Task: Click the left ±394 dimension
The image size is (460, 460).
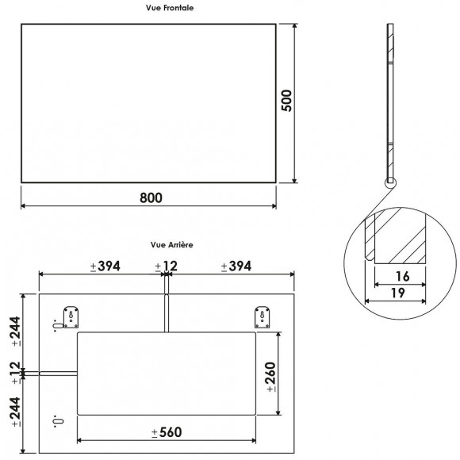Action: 105,266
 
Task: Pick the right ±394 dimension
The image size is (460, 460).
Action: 236,266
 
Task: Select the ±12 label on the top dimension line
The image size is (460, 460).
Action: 167,266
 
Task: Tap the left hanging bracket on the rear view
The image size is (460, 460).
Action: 71,317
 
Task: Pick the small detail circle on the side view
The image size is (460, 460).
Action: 389,183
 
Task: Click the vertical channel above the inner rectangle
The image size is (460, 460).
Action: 167,313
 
